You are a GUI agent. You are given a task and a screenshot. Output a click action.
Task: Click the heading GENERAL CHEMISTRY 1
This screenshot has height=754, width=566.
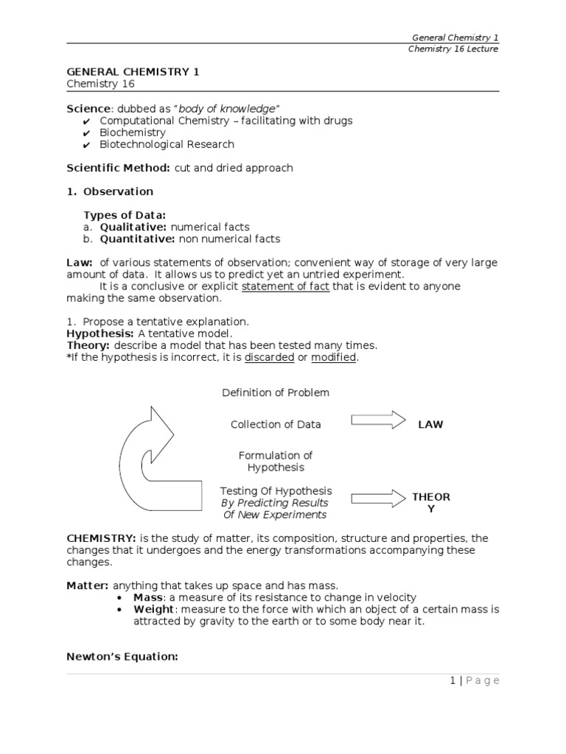coord(133,71)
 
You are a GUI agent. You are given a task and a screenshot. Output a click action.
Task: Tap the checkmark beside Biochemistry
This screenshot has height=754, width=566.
coord(87,133)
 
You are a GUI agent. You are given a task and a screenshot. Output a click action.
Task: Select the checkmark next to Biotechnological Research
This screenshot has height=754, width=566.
coord(87,145)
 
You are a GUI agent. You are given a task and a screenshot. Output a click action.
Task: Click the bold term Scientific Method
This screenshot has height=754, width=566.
coord(119,168)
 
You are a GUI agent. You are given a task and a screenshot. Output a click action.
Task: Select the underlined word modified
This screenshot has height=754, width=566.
coord(334,357)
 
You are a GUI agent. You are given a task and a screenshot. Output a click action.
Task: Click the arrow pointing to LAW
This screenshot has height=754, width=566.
coord(378,420)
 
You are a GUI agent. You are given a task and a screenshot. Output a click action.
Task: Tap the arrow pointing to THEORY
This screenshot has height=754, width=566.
coord(378,497)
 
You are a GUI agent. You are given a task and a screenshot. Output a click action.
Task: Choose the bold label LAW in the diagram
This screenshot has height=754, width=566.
coord(430,425)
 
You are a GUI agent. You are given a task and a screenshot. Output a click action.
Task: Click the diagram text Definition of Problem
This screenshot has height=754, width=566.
coord(276,392)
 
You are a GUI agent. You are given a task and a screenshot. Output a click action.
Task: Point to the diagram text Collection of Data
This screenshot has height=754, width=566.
coord(276,424)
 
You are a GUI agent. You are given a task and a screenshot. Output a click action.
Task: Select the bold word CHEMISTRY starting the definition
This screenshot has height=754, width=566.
coord(95,538)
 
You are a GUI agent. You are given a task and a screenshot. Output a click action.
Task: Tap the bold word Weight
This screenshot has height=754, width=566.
coord(154,610)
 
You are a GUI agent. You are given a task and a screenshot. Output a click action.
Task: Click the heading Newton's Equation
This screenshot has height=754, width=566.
coord(122,657)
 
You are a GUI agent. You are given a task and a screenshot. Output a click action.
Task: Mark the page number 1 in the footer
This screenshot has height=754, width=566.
coord(453,680)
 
